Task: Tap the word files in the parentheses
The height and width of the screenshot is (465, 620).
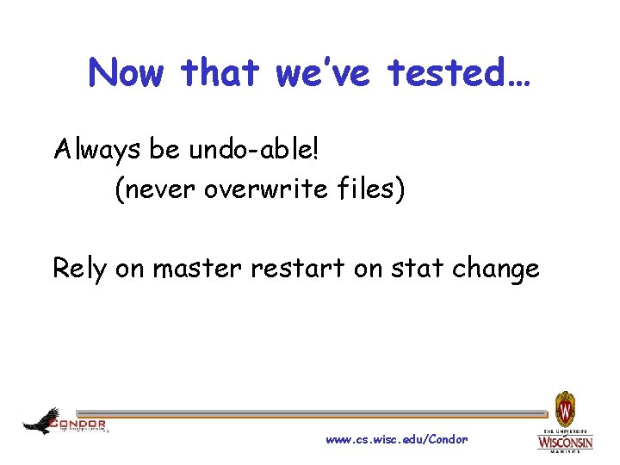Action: click(x=368, y=189)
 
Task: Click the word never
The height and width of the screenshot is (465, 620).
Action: click(x=157, y=189)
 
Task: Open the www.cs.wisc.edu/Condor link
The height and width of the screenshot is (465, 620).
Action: click(x=397, y=439)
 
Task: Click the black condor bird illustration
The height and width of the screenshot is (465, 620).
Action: click(x=40, y=421)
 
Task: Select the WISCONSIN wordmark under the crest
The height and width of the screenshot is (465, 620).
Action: click(x=565, y=443)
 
